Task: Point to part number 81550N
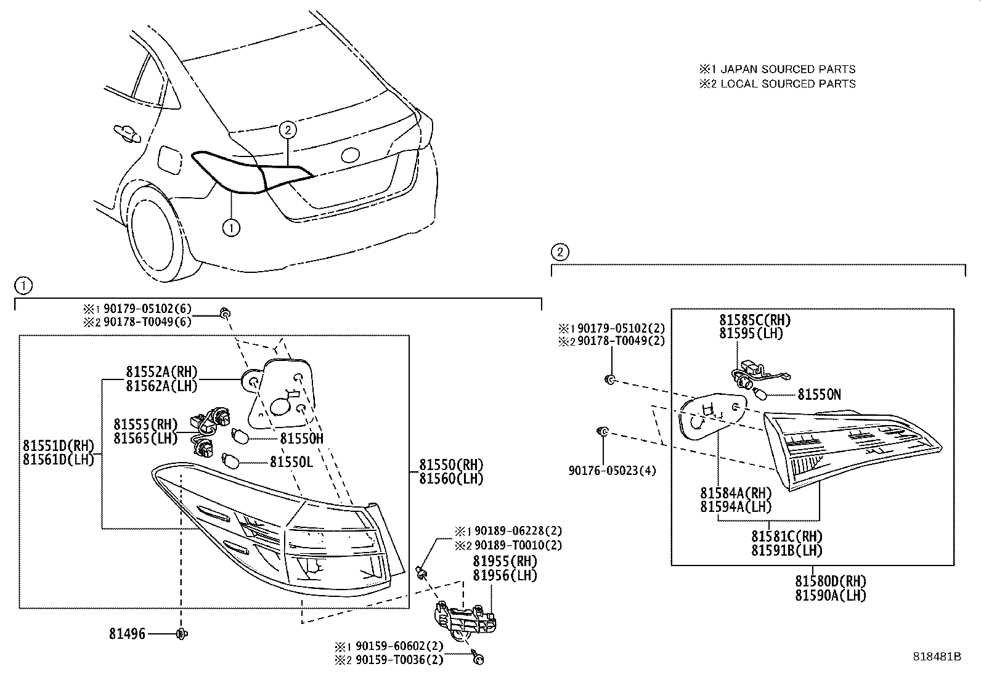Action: tap(819, 394)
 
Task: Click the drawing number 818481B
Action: tap(937, 657)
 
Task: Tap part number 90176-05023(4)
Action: tap(613, 471)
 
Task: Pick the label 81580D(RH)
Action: tap(830, 581)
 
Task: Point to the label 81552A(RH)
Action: tap(161, 371)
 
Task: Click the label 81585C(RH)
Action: tap(754, 320)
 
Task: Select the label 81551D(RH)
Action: tap(59, 445)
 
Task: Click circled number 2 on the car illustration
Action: tap(288, 129)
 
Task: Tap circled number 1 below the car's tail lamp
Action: tap(230, 228)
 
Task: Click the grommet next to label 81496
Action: tap(182, 633)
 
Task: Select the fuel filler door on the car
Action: tap(169, 160)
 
